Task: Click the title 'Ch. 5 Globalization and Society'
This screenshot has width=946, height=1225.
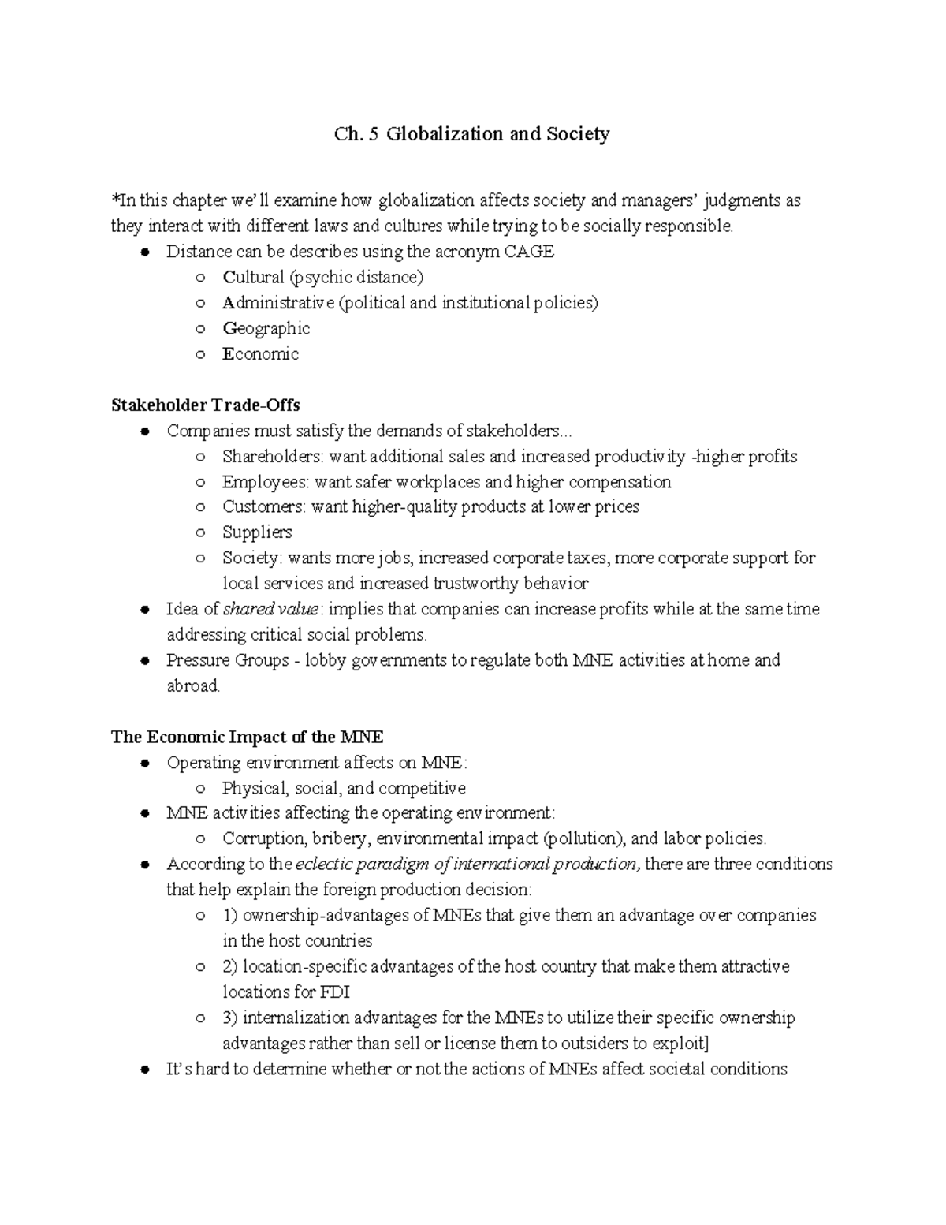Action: pos(471,134)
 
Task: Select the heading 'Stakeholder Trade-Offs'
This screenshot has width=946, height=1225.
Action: pos(205,405)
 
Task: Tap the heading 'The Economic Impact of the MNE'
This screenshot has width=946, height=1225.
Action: pos(247,738)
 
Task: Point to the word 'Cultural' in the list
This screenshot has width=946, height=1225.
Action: pos(252,278)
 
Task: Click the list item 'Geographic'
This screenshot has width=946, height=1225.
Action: pos(266,329)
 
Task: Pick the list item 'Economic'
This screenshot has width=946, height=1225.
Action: pos(260,354)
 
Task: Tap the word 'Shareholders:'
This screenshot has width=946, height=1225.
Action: pos(273,457)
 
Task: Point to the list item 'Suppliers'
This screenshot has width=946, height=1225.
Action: pos(257,532)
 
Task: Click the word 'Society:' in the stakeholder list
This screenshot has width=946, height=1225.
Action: pos(251,558)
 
